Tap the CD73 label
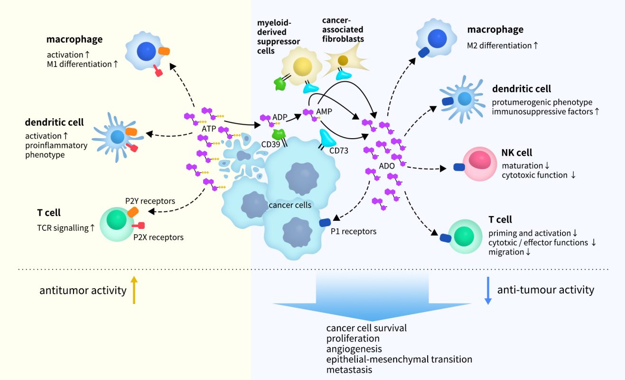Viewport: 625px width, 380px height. (x=339, y=151)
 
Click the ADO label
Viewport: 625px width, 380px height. (x=387, y=166)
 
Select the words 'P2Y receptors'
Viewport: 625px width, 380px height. (x=150, y=201)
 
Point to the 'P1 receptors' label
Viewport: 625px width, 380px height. (x=354, y=231)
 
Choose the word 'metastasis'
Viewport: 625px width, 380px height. (x=349, y=370)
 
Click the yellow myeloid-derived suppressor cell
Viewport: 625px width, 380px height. (x=299, y=67)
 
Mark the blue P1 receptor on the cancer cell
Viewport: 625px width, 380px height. (x=325, y=222)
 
